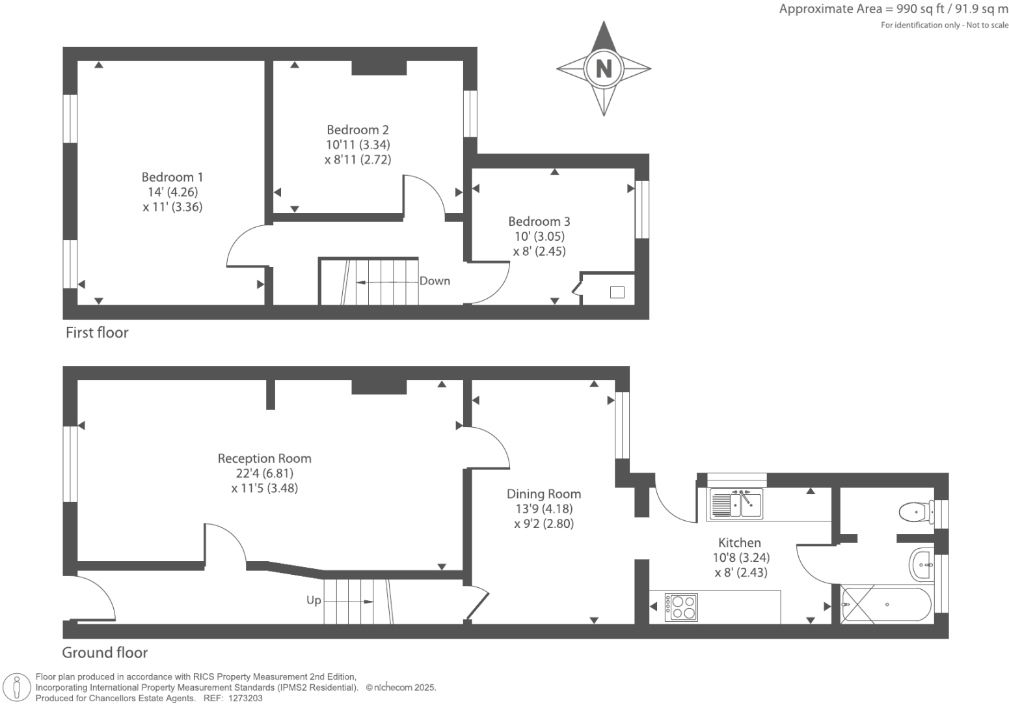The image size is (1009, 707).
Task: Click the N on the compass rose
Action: click(x=604, y=68)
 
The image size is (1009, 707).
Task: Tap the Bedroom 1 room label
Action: click(x=172, y=177)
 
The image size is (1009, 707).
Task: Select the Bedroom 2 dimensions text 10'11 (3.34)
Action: click(x=358, y=145)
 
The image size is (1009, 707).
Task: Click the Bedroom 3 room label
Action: click(x=539, y=222)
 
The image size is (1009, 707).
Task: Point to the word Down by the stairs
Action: click(x=435, y=281)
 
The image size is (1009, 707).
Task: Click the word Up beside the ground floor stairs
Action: click(x=314, y=600)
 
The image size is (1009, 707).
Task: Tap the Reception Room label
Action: click(x=264, y=458)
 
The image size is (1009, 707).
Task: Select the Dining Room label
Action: click(x=544, y=494)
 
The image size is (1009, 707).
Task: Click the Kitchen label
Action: click(x=740, y=542)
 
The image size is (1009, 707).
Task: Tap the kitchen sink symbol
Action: click(x=736, y=503)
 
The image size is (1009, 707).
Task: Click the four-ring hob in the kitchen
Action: click(x=681, y=607)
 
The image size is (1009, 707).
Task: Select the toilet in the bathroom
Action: click(x=915, y=512)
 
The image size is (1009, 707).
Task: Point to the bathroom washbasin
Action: click(x=922, y=564)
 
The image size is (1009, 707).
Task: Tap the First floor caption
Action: click(x=97, y=333)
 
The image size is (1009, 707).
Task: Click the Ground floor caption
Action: click(x=105, y=652)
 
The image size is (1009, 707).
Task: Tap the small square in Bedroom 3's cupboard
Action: click(x=617, y=292)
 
